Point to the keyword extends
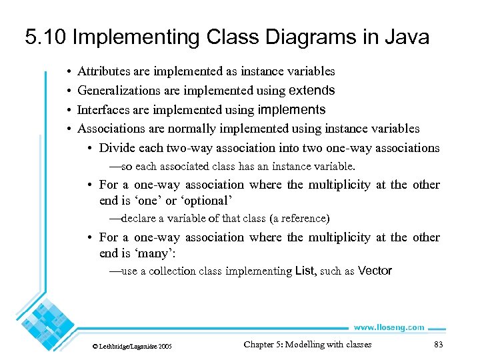point(311,90)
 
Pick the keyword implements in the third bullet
point(292,109)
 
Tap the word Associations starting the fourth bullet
point(111,129)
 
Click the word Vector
point(375,271)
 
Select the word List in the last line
point(304,271)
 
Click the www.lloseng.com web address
point(389,327)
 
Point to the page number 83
point(438,345)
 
